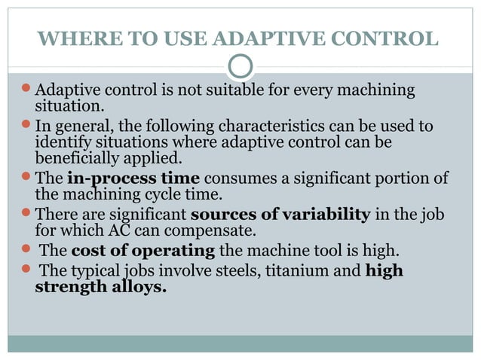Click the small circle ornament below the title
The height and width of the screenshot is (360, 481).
click(x=240, y=66)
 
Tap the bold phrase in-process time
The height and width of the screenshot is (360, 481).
click(x=133, y=178)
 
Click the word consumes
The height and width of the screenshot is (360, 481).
click(x=237, y=178)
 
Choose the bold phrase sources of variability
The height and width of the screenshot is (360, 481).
click(x=280, y=213)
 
